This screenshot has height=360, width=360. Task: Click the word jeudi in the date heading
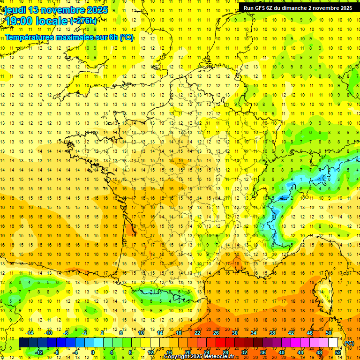coord(15,10)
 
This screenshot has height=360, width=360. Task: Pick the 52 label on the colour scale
coord(338,352)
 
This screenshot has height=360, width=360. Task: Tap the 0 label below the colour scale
coord(93,352)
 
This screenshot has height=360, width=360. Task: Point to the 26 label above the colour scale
coord(216,333)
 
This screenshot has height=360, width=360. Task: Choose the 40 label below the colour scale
coord(281,352)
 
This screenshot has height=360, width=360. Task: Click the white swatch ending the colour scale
coord(333,343)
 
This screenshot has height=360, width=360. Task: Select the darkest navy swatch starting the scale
coord(24,343)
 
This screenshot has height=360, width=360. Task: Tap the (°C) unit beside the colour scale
coord(349,343)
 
